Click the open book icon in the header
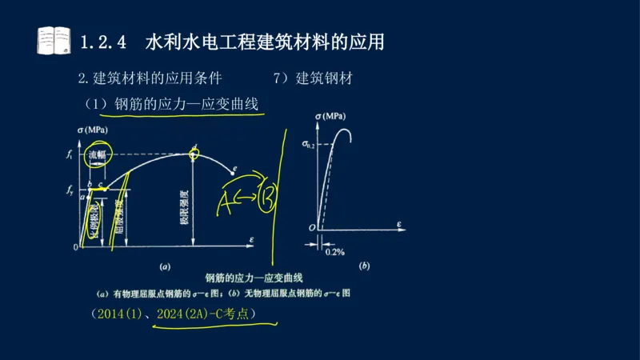click(x=54, y=39)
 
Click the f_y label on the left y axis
click(x=70, y=191)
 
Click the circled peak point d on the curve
click(x=193, y=152)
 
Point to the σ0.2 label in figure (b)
click(x=308, y=144)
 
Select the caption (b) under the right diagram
click(x=364, y=265)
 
